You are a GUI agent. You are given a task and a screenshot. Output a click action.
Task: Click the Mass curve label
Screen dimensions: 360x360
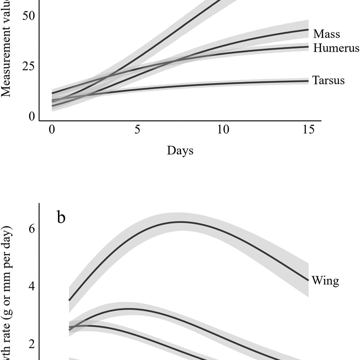pyautogui.click(x=326, y=34)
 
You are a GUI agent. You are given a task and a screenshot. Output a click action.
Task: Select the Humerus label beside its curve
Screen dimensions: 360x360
pyautogui.click(x=336, y=48)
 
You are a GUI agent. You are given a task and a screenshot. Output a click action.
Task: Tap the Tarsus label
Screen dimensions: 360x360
pyautogui.click(x=328, y=80)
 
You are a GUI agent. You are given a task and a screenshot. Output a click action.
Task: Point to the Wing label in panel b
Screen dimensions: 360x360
pyautogui.click(x=325, y=280)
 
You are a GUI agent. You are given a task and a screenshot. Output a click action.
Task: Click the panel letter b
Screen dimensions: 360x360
pyautogui.click(x=61, y=217)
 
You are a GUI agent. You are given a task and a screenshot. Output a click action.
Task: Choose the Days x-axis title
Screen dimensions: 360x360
pyautogui.click(x=180, y=150)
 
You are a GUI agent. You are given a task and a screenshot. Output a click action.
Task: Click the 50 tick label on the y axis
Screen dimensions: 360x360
pyautogui.click(x=28, y=16)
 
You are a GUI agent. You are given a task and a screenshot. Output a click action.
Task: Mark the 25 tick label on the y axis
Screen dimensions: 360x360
pyautogui.click(x=28, y=66)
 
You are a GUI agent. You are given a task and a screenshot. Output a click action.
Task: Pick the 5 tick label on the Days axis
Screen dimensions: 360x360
pyautogui.click(x=137, y=130)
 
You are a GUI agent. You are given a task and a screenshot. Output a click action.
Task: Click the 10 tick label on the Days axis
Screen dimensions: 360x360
pyautogui.click(x=223, y=130)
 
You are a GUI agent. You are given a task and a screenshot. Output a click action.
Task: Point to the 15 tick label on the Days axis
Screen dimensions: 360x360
pyautogui.click(x=308, y=130)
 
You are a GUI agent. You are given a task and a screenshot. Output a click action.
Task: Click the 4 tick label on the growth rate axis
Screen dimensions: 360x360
pyautogui.click(x=32, y=286)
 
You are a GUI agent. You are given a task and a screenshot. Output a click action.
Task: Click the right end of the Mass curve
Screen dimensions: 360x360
pyautogui.click(x=308, y=30)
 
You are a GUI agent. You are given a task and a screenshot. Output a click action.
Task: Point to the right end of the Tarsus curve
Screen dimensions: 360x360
pyautogui.click(x=308, y=81)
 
